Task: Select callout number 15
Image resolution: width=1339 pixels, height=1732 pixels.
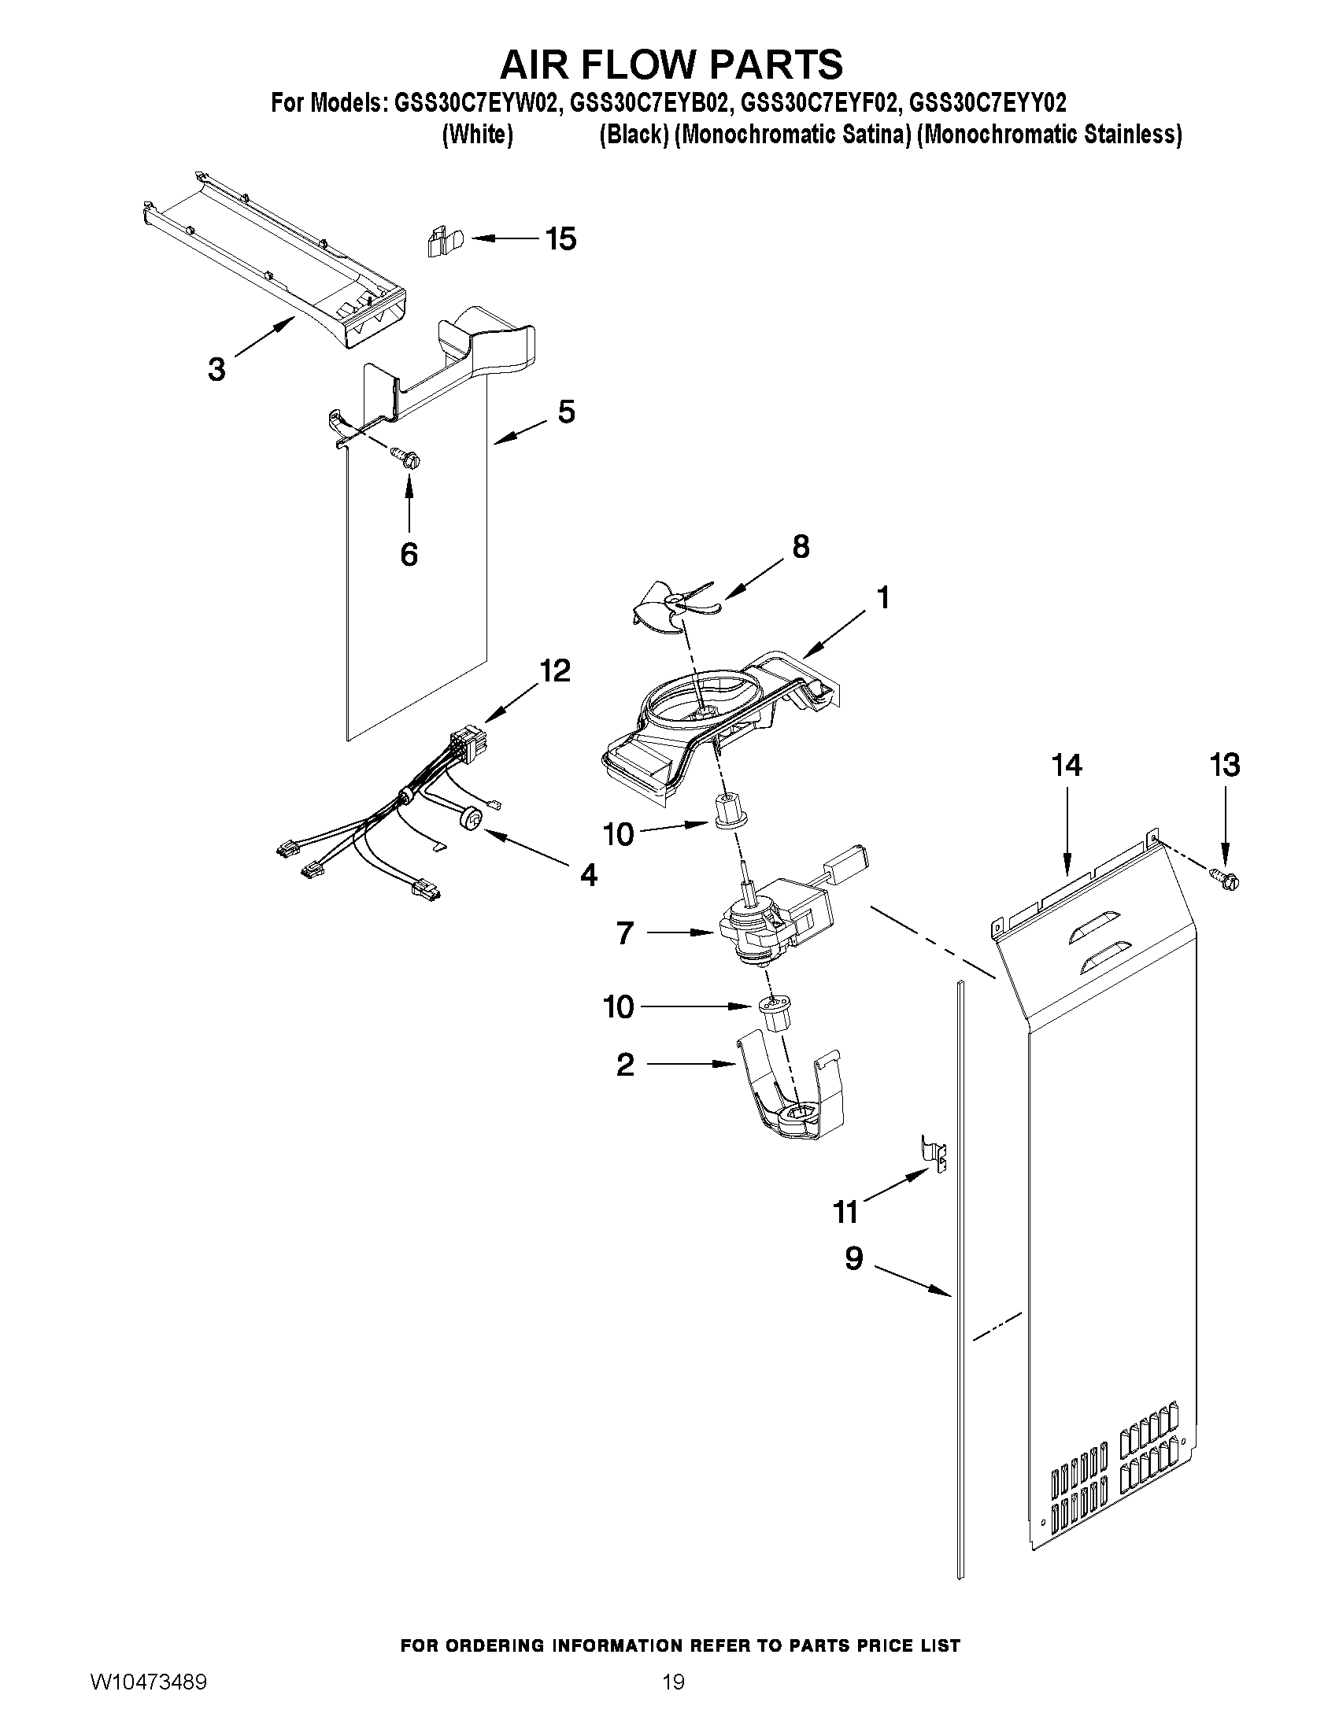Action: coord(560,238)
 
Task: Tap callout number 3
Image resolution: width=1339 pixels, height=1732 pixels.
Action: coord(216,369)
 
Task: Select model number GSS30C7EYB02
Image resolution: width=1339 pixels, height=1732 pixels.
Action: coord(648,103)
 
